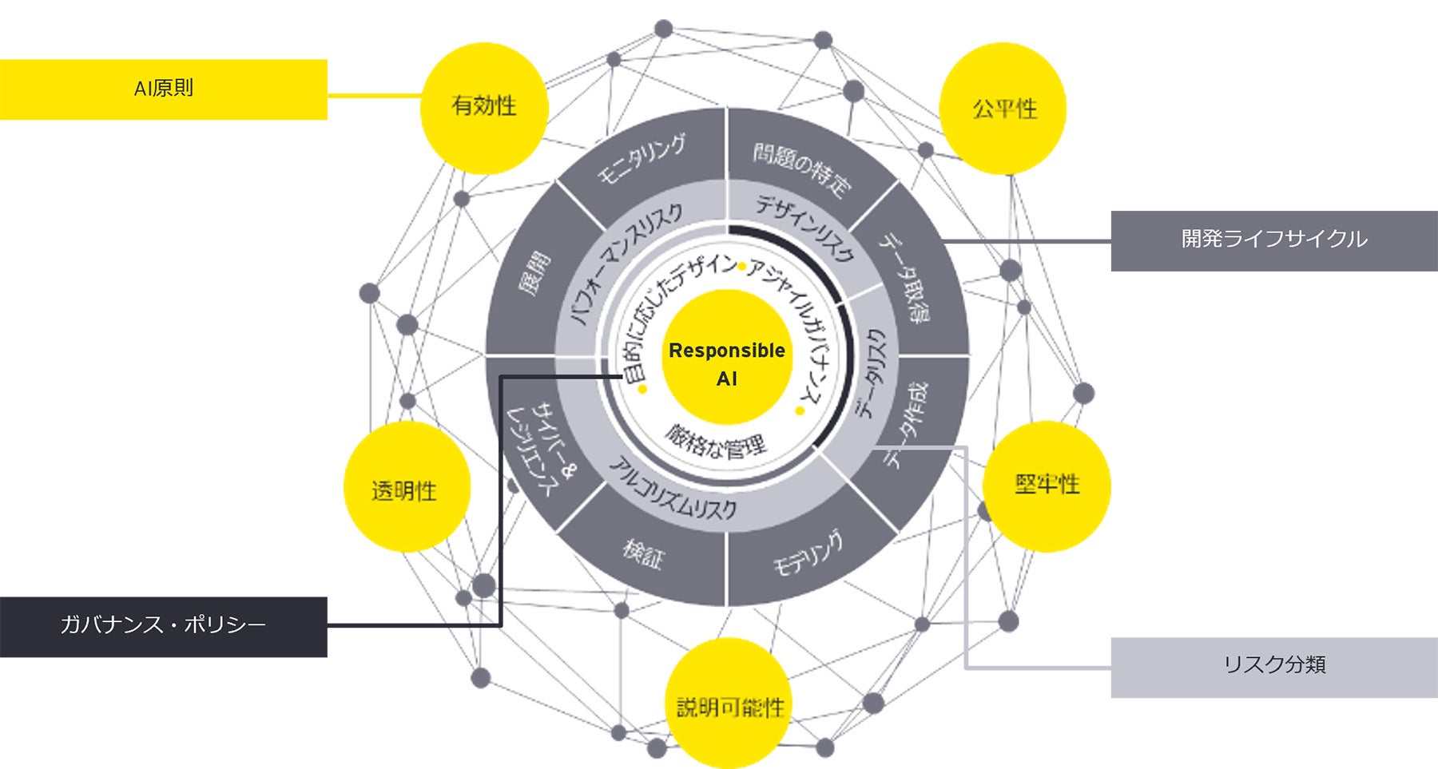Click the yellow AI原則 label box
163,89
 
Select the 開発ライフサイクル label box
1273,240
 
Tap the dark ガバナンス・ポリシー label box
163,626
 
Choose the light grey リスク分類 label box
1273,667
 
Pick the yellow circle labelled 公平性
1003,109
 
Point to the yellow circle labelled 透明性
405,488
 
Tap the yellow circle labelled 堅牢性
1047,485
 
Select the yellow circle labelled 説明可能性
729,704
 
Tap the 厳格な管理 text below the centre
716,442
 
